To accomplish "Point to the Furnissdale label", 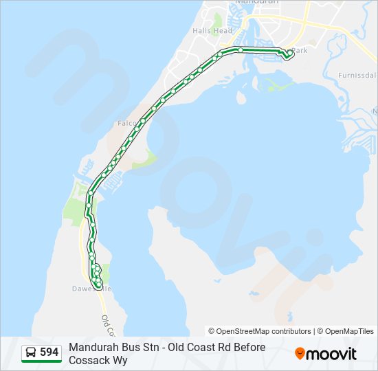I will [x=357, y=75].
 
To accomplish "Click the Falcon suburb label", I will [x=126, y=123].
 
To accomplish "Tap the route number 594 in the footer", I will [x=49, y=352].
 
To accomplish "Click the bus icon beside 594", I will [x=32, y=353].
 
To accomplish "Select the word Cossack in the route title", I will [x=90, y=360].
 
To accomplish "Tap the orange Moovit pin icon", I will [x=300, y=354].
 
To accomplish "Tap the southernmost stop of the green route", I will [x=99, y=284].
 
